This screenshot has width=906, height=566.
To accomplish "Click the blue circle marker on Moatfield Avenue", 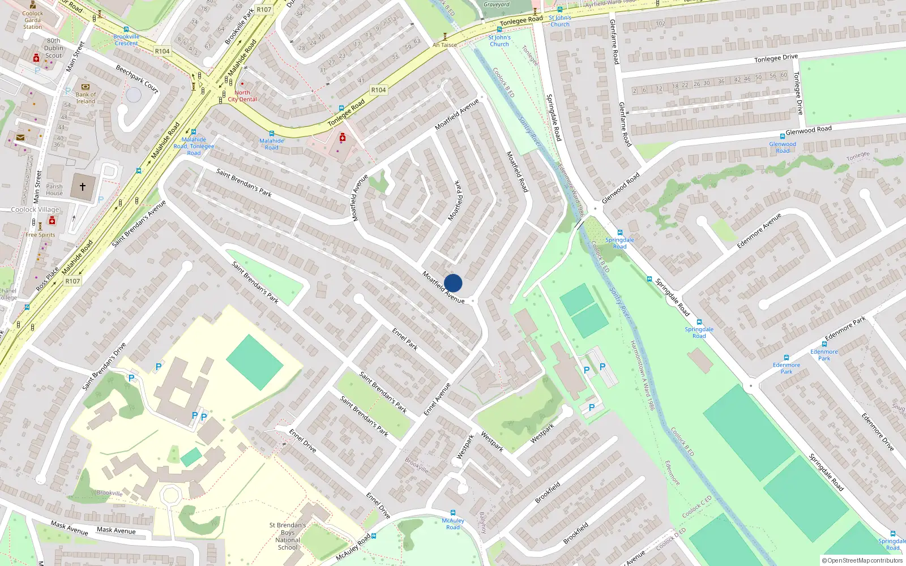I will coord(453,283).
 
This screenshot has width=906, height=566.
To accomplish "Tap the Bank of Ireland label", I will coord(86,98).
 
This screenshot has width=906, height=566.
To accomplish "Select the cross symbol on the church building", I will coord(83,186).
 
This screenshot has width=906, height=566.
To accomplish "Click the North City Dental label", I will coord(242,96).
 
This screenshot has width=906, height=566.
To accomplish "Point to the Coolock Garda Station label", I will coord(32,20).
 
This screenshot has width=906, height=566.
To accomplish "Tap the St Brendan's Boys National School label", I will coord(288,536).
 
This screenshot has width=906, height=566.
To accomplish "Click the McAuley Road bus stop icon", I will coord(452,513).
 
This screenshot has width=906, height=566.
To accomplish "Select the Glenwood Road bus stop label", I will coord(783,147).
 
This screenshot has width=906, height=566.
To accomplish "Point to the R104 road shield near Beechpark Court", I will coord(162,51).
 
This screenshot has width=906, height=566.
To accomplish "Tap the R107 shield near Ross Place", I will coord(72,281).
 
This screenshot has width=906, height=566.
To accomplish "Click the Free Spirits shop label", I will coord(40,234).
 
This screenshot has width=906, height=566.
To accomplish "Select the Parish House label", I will coord(54,190).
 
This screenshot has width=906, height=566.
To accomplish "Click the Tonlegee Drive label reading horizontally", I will coord(776,58).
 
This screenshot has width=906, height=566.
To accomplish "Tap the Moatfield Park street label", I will coord(456,201).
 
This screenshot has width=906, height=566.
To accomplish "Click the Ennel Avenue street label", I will coord(437,400).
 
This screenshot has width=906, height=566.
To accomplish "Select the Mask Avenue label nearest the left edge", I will coord(69,528).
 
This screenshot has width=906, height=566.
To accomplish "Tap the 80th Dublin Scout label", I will coord(53,48).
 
